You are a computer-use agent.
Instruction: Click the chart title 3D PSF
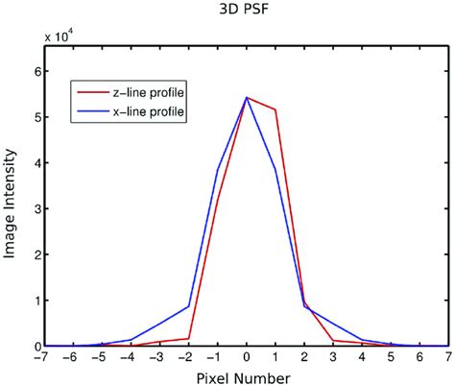tap(247, 12)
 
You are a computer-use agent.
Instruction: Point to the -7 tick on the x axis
tap(44, 357)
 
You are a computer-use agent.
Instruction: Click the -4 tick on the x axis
tap(131, 357)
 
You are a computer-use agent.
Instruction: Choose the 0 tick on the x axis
tap(247, 357)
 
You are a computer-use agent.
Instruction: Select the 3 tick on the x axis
tap(332, 357)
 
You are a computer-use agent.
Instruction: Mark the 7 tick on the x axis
tap(447, 357)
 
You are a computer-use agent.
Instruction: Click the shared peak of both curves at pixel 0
tap(247, 97)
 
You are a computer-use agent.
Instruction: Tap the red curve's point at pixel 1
tap(275, 109)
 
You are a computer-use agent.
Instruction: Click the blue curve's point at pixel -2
tap(189, 306)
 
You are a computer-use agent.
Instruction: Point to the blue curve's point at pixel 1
tap(275, 169)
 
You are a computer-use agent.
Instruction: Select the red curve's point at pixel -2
tap(189, 338)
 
